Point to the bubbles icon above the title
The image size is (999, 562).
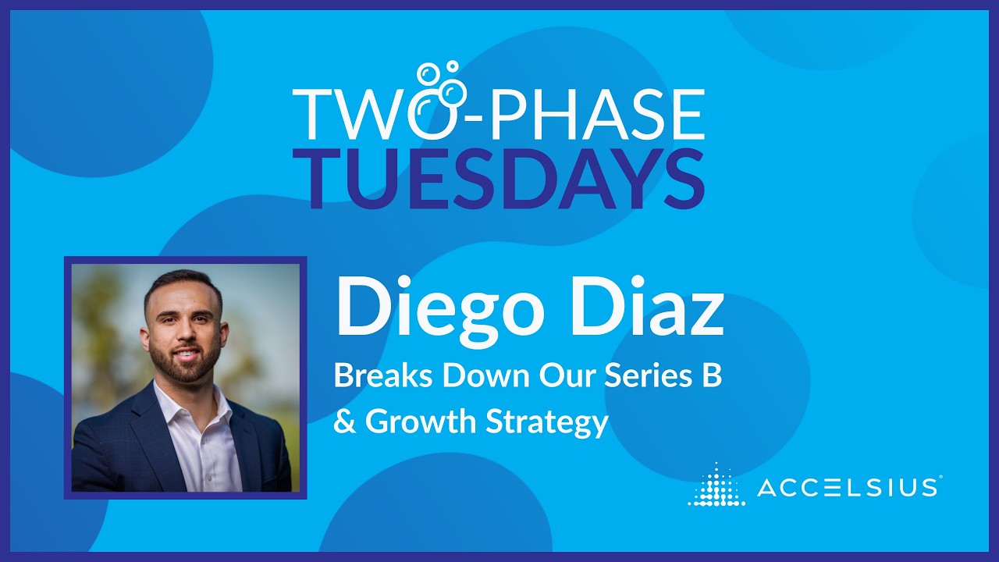[441, 81]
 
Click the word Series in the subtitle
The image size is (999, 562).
[644, 376]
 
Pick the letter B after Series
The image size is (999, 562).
[711, 376]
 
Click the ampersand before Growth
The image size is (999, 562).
[343, 421]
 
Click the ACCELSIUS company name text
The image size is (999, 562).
[848, 488]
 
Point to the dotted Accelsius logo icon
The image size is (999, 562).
[716, 485]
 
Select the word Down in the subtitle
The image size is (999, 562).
[489, 376]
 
